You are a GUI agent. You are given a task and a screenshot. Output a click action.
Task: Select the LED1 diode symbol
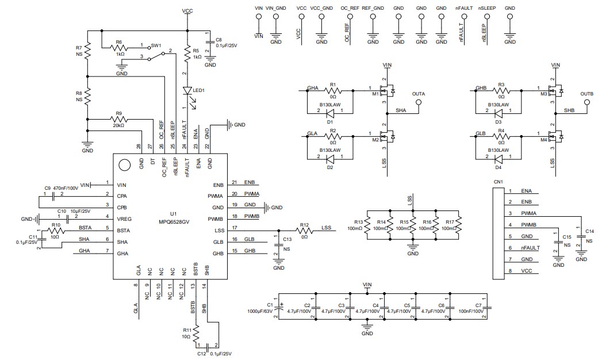(x=187, y=91)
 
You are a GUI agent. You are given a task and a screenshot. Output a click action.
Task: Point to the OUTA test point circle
(x=419, y=102)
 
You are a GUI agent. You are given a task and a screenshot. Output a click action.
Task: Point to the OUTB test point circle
(x=586, y=102)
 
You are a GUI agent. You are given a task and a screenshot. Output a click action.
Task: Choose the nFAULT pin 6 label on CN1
(x=530, y=248)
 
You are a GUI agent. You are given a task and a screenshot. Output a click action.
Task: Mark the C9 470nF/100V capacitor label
(x=62, y=188)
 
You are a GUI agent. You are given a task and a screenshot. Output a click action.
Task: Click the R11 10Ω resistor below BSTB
(x=196, y=332)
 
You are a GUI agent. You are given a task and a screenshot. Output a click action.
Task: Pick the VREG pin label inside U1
(x=123, y=218)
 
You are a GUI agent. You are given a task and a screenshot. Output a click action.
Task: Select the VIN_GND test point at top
(x=276, y=17)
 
